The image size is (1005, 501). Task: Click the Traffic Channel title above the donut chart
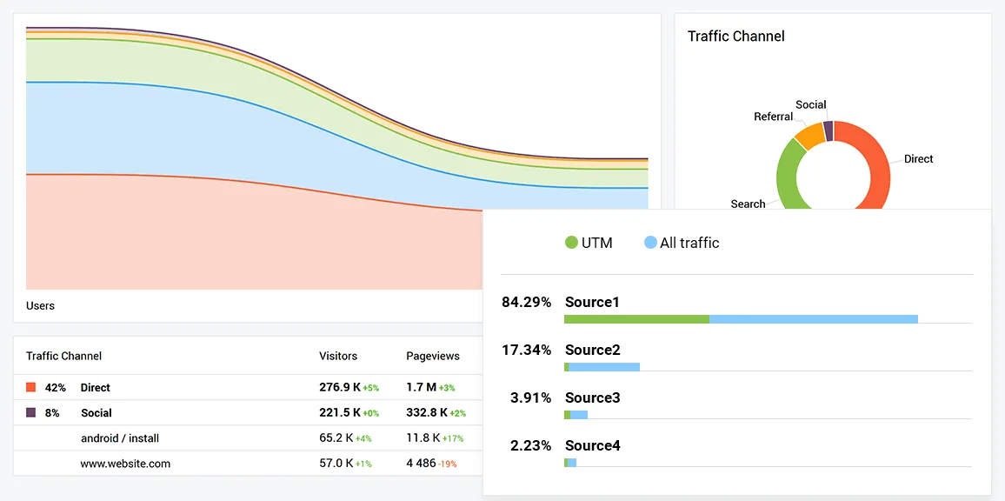point(735,37)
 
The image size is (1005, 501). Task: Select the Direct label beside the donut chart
point(918,159)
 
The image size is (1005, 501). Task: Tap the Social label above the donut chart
point(810,104)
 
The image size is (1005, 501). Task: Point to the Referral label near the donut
point(773,117)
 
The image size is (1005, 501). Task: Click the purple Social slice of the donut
point(829,130)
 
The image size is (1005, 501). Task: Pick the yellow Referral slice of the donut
point(809,136)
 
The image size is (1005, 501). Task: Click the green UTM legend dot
point(571,243)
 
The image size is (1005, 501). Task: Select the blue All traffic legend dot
point(650,243)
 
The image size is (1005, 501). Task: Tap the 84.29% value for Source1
point(526,303)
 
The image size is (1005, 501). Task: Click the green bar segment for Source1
point(636,319)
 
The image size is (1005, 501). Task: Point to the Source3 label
point(592,397)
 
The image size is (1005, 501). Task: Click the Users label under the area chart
point(40,306)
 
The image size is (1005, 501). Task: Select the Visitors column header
point(338,356)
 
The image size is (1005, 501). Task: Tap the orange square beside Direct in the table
point(31,387)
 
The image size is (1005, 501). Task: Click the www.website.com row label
point(125,464)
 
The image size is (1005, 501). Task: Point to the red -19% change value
point(448,464)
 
